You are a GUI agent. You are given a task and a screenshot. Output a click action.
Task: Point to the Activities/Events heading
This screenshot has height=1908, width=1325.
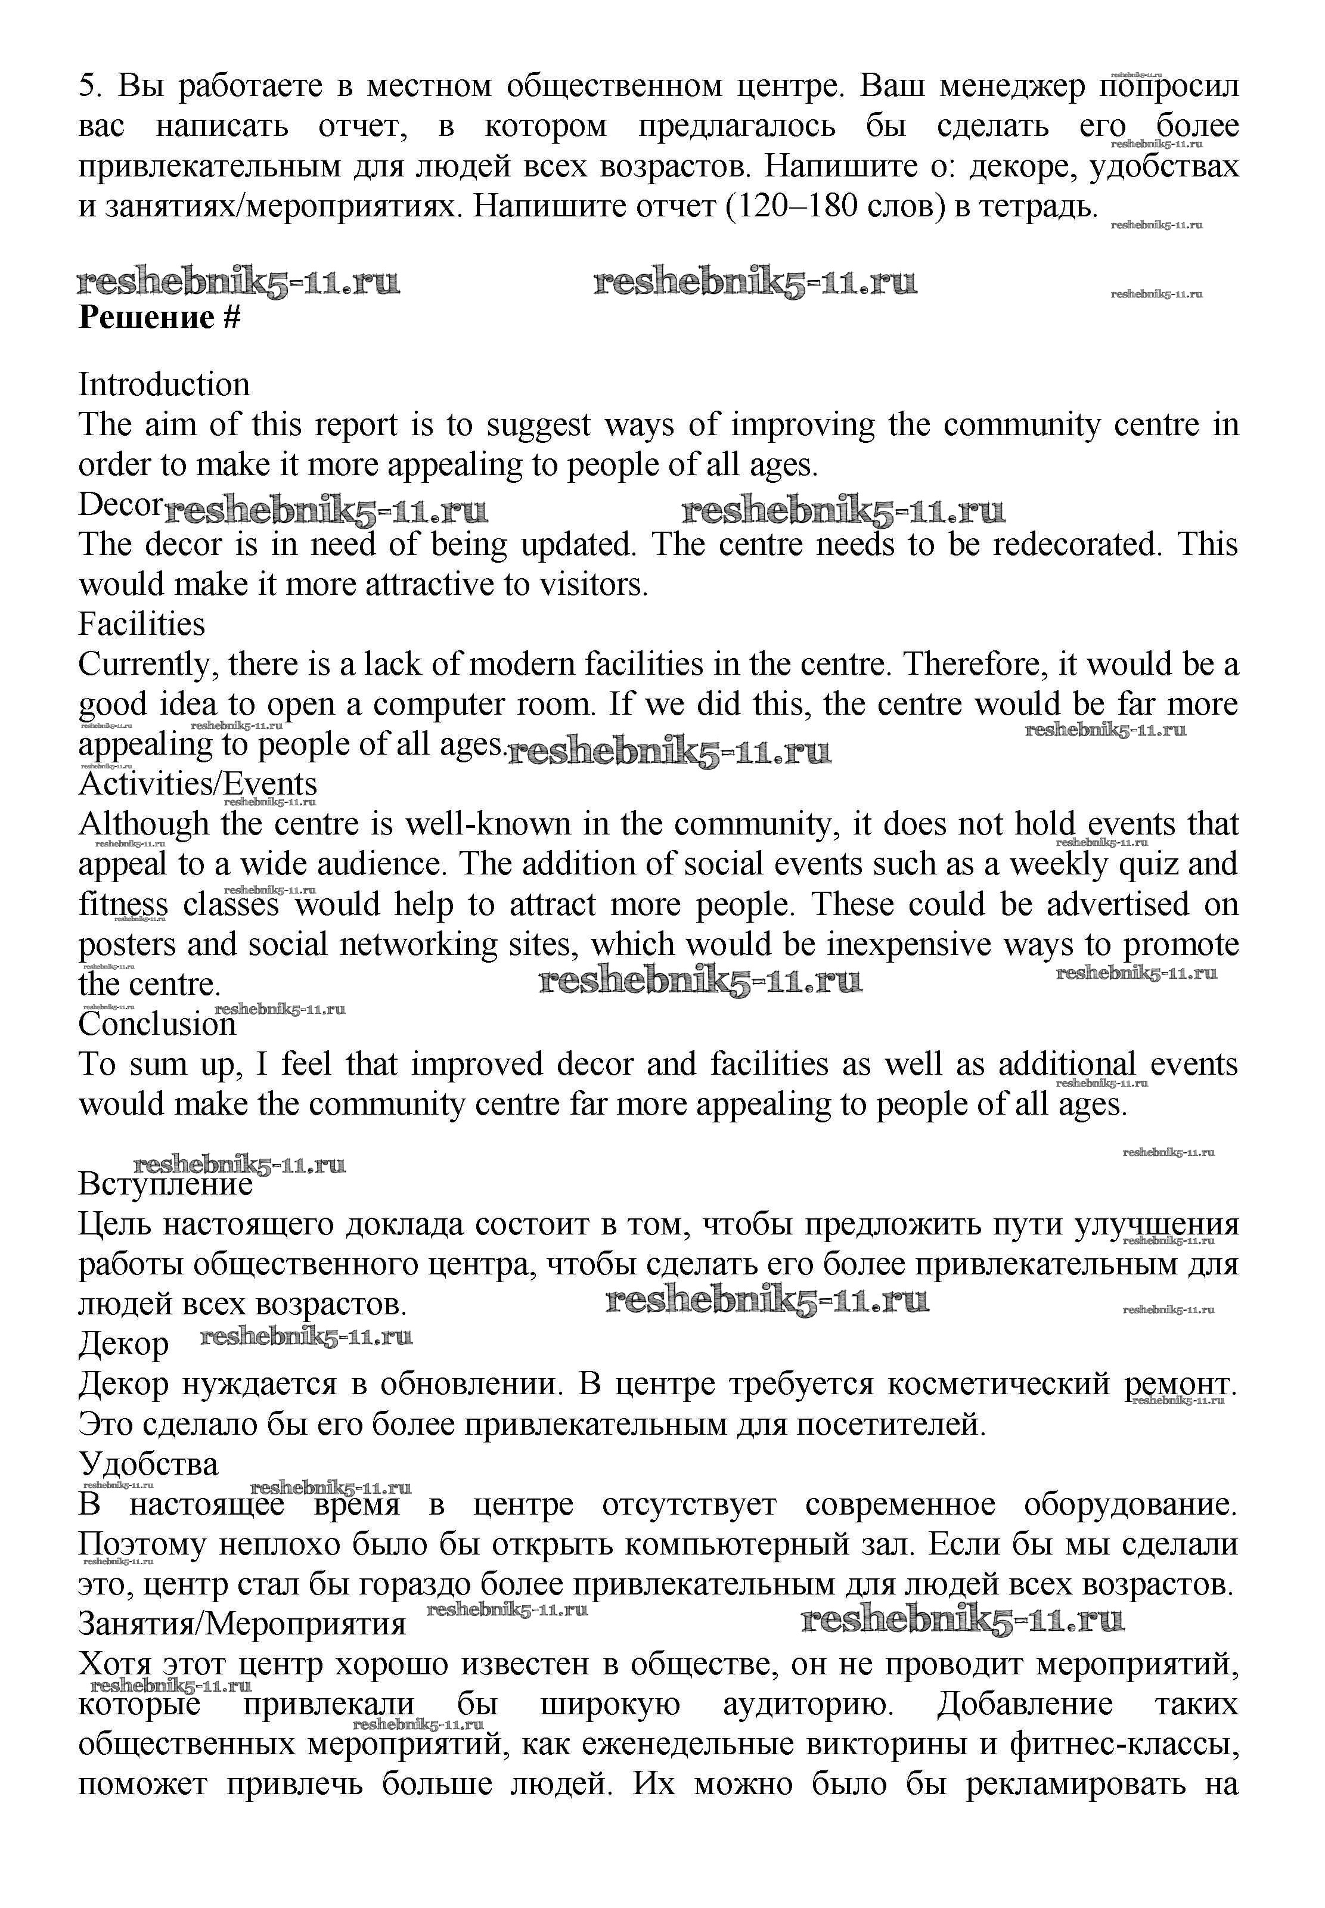point(198,784)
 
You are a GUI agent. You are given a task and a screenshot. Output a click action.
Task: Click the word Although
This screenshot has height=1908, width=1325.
point(144,824)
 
